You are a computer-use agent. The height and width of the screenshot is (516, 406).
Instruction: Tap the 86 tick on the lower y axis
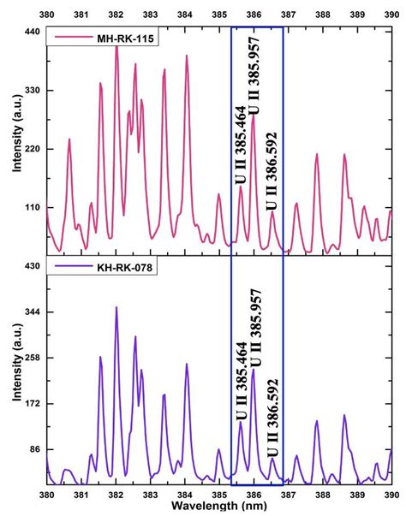[32, 449]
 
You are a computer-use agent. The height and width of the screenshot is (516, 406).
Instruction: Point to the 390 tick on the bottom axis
[391, 495]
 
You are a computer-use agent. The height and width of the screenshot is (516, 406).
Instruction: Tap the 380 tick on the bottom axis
[47, 495]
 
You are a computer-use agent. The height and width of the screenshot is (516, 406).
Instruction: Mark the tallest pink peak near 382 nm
[116, 44]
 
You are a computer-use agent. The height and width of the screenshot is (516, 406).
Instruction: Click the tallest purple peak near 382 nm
[116, 307]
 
